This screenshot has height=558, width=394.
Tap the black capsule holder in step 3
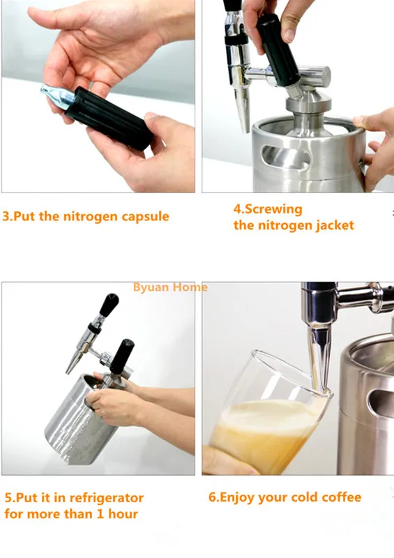(109, 117)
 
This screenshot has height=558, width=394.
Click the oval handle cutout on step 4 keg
(285, 156)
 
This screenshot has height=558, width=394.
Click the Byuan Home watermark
(170, 287)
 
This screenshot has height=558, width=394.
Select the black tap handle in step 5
(109, 305)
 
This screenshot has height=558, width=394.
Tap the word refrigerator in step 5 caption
(107, 498)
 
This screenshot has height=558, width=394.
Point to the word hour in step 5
(123, 514)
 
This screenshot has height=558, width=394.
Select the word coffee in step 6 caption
(341, 497)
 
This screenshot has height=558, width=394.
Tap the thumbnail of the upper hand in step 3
(37, 12)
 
